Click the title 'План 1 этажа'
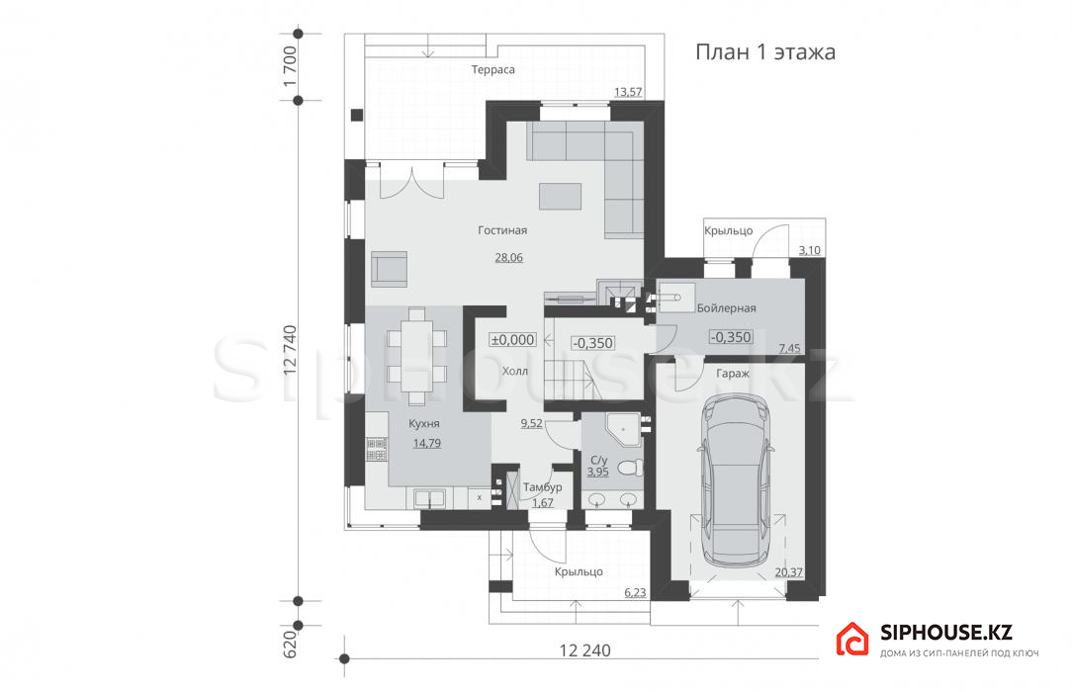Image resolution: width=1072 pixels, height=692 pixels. [x=765, y=52]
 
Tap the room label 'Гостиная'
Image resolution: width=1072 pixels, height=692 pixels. [x=502, y=230]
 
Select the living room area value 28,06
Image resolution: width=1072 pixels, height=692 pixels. [x=508, y=258]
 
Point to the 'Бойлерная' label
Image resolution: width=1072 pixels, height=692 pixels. [x=726, y=308]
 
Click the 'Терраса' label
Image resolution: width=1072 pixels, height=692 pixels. [x=492, y=69]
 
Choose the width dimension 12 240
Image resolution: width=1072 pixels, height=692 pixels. [x=585, y=649]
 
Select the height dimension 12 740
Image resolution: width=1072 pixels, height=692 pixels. [x=290, y=350]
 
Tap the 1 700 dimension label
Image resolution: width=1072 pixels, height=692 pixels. [x=290, y=65]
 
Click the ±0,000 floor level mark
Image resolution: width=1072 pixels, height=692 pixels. [x=512, y=339]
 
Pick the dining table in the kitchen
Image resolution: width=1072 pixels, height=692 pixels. [x=416, y=356]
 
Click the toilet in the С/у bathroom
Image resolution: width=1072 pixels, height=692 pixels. [x=630, y=468]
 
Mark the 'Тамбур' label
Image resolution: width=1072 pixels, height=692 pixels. [x=542, y=487]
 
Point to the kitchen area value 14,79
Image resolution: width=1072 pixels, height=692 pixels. [x=426, y=443]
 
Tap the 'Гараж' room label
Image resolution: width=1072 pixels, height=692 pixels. [x=733, y=374]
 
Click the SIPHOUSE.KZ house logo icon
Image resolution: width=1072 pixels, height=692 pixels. [x=852, y=640]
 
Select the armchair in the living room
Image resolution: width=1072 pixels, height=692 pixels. [x=390, y=268]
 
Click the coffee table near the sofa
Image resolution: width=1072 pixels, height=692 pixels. [x=561, y=196]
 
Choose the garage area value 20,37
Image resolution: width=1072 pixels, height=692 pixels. [x=789, y=572]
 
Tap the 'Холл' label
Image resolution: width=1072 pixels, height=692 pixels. [x=515, y=372]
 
